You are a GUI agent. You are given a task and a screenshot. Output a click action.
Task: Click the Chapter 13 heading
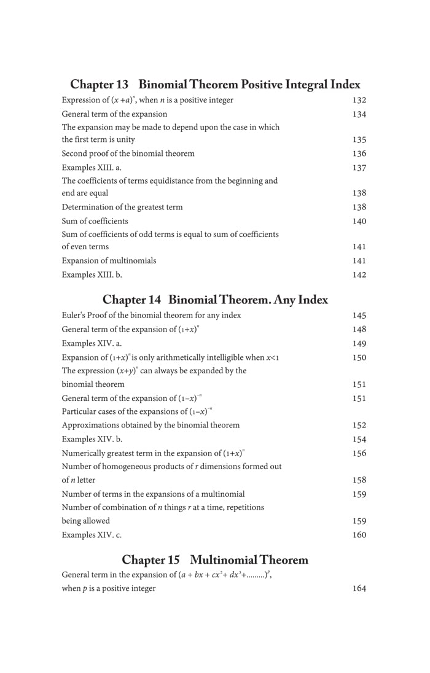pyautogui.click(x=215, y=84)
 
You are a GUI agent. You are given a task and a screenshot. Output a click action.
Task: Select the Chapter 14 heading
pyautogui.click(x=215, y=300)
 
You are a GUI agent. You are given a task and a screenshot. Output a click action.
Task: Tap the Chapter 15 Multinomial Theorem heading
pyautogui.click(x=215, y=559)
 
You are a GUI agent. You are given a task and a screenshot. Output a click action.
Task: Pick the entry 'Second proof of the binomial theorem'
pyautogui.click(x=128, y=154)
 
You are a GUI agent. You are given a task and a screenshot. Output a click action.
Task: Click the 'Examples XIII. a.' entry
pyautogui.click(x=92, y=167)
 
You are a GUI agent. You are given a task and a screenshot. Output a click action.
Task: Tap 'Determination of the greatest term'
pyautogui.click(x=122, y=207)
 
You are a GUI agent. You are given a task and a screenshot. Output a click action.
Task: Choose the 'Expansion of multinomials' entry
pyautogui.click(x=109, y=260)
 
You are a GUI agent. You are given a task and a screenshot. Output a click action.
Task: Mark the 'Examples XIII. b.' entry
pyautogui.click(x=92, y=274)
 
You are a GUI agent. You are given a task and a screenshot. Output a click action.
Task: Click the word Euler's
pyautogui.click(x=73, y=316)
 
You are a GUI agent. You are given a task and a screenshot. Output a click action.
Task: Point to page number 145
pyautogui.click(x=359, y=316)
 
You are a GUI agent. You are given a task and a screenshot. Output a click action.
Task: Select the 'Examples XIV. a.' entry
pyautogui.click(x=92, y=343)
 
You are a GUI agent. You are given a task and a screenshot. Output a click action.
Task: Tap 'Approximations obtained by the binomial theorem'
pyautogui.click(x=150, y=424)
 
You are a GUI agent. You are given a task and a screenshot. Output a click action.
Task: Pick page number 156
pyautogui.click(x=359, y=453)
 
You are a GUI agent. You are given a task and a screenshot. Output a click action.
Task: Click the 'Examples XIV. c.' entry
pyautogui.click(x=92, y=534)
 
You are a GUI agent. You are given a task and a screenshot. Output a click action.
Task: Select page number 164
pyautogui.click(x=359, y=589)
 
